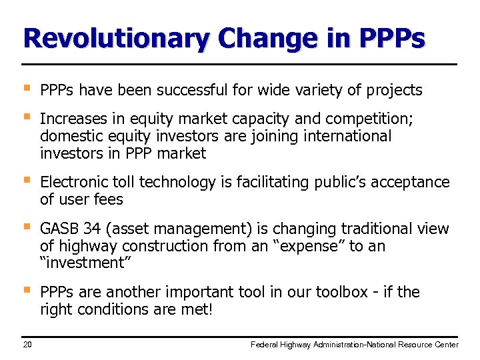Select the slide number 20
28,344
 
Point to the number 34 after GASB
93,229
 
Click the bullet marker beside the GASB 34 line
26,227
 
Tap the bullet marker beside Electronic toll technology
26,181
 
